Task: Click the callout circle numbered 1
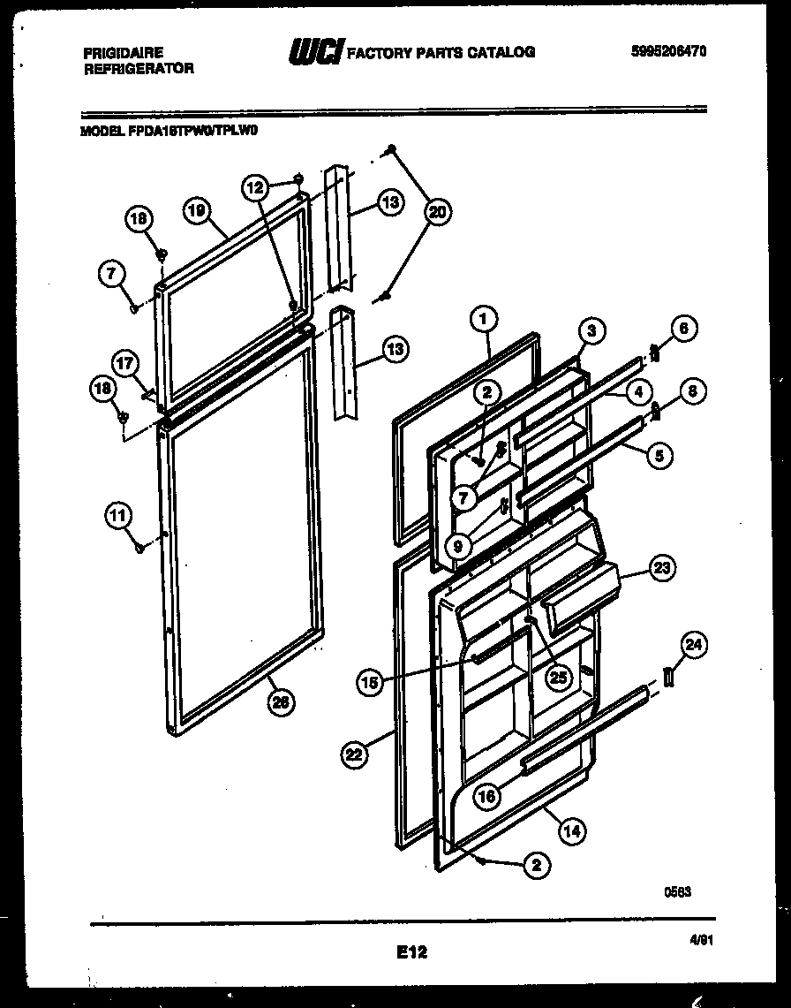[485, 317]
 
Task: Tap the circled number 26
[281, 702]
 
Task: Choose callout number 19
[196, 210]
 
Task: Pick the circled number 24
[696, 646]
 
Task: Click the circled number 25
[558, 678]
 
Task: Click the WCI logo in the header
[315, 52]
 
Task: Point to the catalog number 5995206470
[669, 52]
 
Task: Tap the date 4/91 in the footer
[701, 943]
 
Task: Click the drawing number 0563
[677, 892]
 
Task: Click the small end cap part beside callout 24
[668, 676]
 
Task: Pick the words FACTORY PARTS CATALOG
[441, 52]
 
